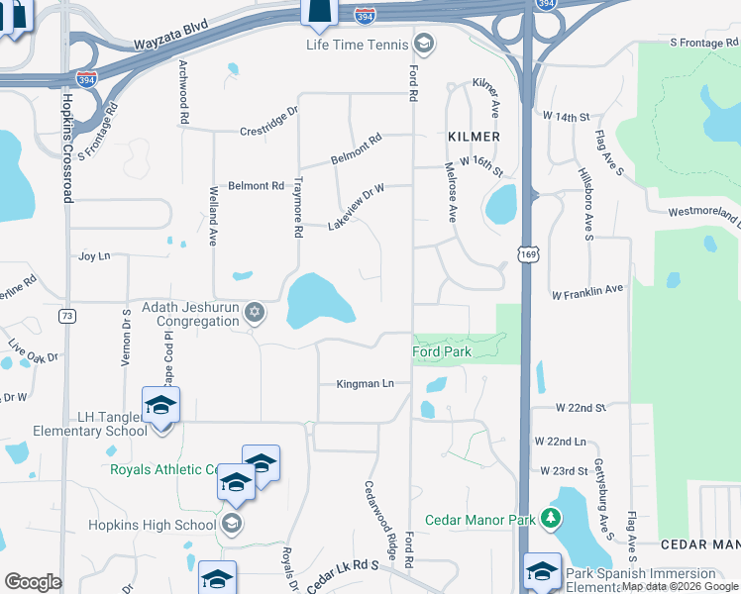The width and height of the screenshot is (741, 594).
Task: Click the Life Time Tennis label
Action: [358, 45]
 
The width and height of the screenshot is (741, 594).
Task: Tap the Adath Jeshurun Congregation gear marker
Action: [255, 313]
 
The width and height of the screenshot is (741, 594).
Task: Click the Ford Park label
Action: [442, 351]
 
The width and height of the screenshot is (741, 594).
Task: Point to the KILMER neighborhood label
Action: [474, 136]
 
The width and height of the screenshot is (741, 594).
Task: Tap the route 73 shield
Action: [67, 316]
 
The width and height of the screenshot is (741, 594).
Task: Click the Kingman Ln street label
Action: [365, 383]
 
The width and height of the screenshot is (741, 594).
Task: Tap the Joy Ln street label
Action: [93, 256]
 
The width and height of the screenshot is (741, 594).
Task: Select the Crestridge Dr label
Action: [268, 129]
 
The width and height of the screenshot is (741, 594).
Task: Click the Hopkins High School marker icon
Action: [232, 525]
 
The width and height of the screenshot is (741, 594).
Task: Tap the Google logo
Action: [33, 582]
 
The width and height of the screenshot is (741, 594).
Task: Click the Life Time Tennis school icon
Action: [424, 45]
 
